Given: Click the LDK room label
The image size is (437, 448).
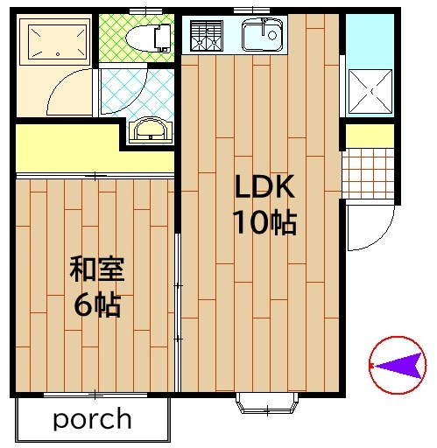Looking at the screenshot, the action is point(264,186).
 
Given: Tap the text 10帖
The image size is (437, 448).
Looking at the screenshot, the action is point(264,222).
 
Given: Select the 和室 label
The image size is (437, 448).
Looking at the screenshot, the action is point(97,269).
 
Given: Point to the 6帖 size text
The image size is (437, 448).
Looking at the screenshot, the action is point(97,304).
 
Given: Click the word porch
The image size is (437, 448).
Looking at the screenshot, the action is point(92,419).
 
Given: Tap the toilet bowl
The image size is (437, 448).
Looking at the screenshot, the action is point(148,38).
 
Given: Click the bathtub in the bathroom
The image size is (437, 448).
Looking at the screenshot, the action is point(54,42).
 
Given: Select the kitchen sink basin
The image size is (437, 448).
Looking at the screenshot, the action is point(263,34).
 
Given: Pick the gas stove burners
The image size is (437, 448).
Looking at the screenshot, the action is point(207,36).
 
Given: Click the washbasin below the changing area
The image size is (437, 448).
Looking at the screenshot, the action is point(151,130).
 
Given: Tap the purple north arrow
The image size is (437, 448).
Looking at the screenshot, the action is point(398,366).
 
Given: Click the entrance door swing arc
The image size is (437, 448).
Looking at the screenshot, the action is point(379,236).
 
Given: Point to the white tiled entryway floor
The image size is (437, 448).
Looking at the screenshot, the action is point(369,173).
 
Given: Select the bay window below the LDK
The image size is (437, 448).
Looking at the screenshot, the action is point(267,402).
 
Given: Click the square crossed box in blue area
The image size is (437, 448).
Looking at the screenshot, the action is point(370,91).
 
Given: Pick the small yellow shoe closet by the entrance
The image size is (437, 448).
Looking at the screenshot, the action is point(370,136).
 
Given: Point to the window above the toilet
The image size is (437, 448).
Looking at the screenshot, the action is point(146,11).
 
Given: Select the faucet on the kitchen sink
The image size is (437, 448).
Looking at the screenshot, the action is point(264,25).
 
